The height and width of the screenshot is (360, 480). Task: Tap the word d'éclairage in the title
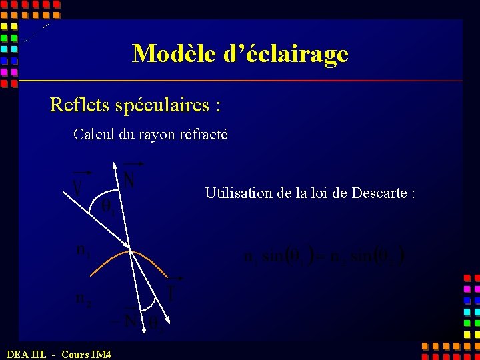point(286,53)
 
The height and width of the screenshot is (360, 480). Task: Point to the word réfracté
point(201,134)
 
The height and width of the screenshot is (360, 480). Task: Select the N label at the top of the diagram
point(129,179)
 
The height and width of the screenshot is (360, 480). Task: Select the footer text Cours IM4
point(86,354)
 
